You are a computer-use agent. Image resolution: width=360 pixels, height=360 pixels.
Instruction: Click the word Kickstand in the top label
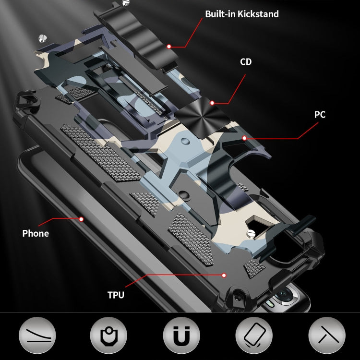click(257, 14)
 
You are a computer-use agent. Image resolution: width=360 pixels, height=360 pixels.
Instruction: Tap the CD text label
click(246, 62)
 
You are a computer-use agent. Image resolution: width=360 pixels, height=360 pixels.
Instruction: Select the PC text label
click(320, 115)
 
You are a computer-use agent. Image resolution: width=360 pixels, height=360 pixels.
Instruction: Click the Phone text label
click(36, 234)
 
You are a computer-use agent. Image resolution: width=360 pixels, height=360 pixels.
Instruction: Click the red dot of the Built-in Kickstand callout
click(169, 47)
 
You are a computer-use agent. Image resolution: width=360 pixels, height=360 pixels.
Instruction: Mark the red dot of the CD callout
click(212, 102)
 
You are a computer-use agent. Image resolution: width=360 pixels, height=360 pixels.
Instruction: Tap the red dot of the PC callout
click(244, 138)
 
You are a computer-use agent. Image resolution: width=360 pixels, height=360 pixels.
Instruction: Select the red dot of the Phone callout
click(81, 219)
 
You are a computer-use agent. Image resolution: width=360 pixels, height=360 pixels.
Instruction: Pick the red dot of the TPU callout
click(224, 275)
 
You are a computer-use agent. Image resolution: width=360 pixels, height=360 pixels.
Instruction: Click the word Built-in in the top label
click(219, 14)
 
